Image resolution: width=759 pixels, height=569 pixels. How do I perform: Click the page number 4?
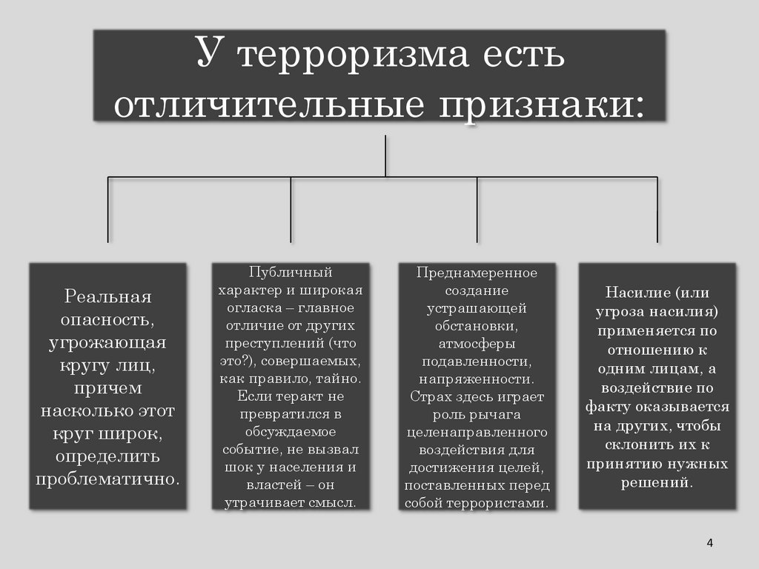point(709,543)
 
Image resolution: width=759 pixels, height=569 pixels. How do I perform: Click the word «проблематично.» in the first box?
point(107,478)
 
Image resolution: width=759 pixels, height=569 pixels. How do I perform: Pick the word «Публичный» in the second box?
point(290,273)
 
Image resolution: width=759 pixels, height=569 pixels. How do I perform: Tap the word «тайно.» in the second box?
point(340,379)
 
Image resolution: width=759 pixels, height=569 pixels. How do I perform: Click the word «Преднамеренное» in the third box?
point(477,273)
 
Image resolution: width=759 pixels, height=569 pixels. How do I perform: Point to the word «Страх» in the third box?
point(426,396)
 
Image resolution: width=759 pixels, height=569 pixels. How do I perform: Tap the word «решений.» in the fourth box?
point(657,482)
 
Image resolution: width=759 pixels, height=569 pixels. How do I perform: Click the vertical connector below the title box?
point(385,156)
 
